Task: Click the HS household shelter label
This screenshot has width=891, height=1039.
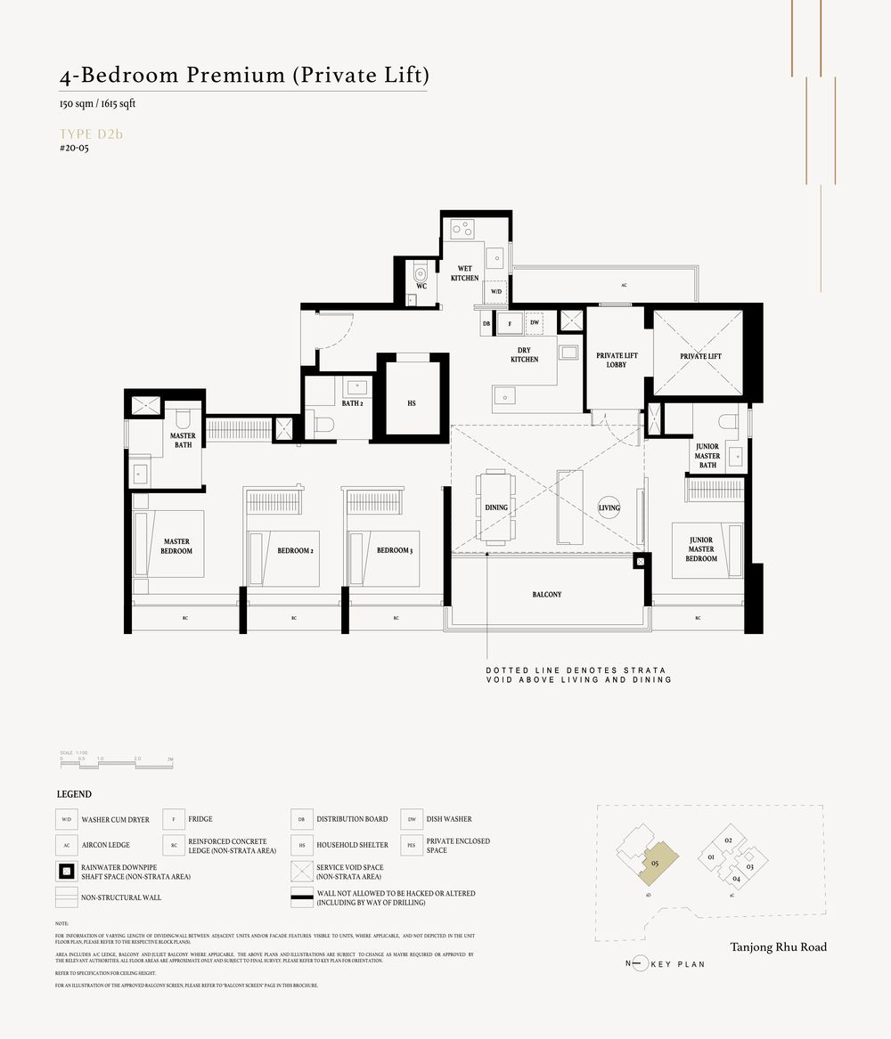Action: click(412, 403)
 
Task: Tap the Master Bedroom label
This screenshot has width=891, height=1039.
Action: click(176, 546)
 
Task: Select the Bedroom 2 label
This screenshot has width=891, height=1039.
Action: click(295, 550)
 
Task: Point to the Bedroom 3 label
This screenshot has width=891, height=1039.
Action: click(395, 550)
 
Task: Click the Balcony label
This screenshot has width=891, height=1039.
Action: click(547, 594)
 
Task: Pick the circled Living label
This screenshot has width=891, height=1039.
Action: click(609, 507)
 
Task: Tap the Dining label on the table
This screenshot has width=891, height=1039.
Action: click(496, 507)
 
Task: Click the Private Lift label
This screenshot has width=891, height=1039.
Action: click(700, 356)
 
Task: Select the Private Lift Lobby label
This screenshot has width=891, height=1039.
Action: click(617, 360)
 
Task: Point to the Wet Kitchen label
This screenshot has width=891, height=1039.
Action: click(464, 273)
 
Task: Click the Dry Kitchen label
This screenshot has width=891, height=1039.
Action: click(525, 354)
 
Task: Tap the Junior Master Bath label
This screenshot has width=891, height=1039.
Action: click(707, 456)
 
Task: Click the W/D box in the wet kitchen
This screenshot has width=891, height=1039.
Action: click(496, 291)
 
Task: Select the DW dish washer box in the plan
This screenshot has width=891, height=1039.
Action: click(535, 323)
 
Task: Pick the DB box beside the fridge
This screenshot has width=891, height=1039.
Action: click(486, 323)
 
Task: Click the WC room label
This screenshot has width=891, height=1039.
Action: click(421, 286)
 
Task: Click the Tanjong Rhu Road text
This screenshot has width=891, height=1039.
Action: click(778, 946)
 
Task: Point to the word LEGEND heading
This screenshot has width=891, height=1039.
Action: click(74, 794)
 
